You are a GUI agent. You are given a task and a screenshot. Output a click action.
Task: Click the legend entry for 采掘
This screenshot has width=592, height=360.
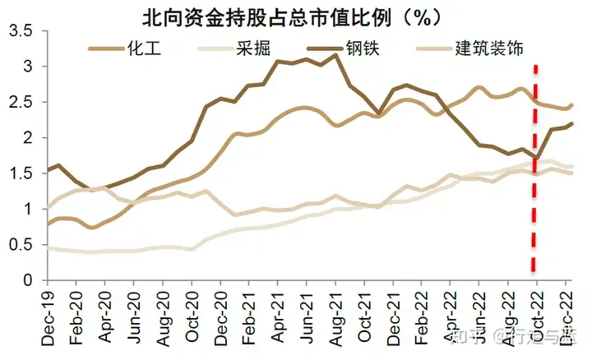(252, 48)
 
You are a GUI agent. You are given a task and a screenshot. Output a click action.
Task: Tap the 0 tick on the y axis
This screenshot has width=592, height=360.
(30, 281)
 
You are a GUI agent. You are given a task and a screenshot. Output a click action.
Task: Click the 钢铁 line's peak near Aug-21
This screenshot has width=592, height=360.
(335, 55)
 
